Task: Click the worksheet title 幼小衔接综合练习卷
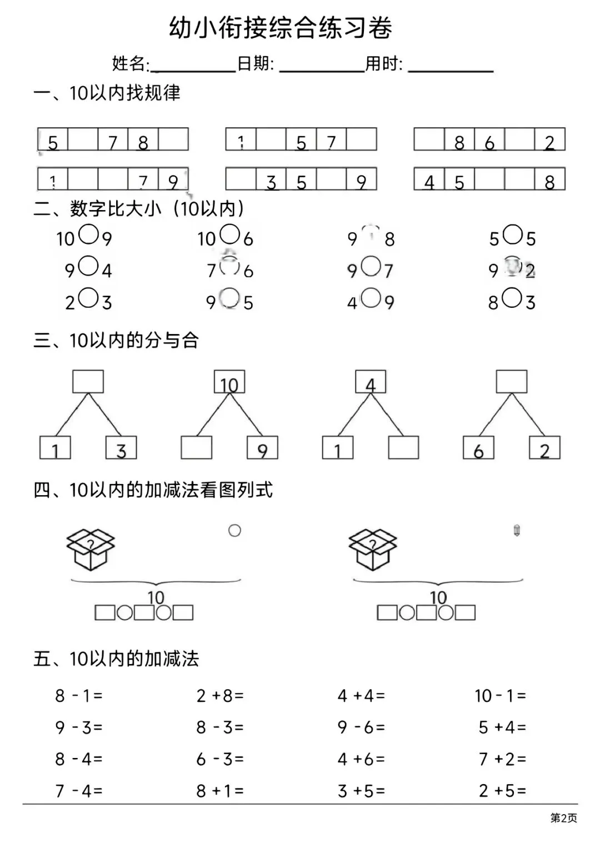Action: click(x=281, y=28)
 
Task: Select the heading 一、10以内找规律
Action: click(x=107, y=93)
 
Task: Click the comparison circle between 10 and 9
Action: click(x=88, y=235)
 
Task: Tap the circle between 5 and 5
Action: click(x=513, y=235)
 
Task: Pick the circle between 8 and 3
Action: click(x=512, y=298)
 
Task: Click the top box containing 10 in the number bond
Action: click(x=229, y=382)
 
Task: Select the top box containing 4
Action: click(x=371, y=382)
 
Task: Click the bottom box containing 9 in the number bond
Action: click(x=262, y=448)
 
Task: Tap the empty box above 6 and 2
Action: click(x=512, y=382)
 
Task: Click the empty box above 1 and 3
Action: click(x=88, y=382)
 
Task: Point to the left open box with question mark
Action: click(x=91, y=549)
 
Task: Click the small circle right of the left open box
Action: click(x=235, y=531)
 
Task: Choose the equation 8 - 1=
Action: click(x=79, y=696)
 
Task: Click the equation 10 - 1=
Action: click(x=500, y=696)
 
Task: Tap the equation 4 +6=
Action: click(x=361, y=759)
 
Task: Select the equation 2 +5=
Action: click(x=502, y=791)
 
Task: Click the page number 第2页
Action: click(x=563, y=818)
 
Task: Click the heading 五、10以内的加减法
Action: click(x=116, y=659)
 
